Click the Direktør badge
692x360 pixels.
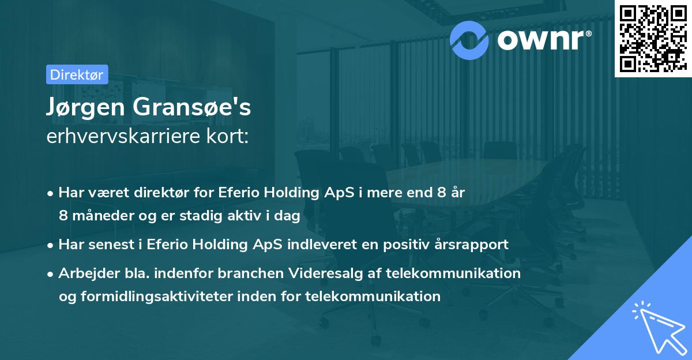coord(76,74)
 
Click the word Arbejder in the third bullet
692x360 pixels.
coord(85,273)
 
